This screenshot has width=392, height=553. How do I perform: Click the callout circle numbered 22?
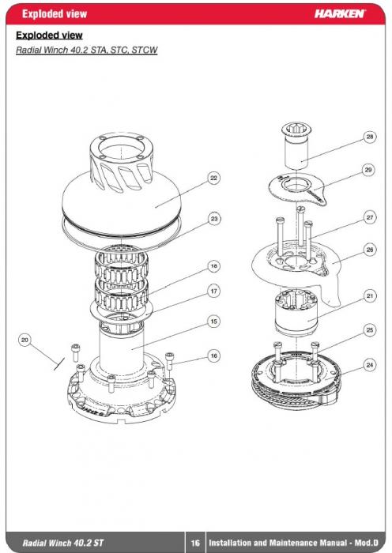(214, 178)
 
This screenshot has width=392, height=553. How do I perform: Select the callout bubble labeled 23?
(214, 219)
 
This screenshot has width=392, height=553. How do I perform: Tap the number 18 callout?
(214, 266)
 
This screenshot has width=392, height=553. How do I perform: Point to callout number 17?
(214, 292)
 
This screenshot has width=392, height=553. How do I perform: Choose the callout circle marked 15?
(214, 322)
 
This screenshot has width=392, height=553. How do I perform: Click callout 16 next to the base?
(214, 355)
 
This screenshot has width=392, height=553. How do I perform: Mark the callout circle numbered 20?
(24, 340)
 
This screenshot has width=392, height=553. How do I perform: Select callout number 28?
(369, 137)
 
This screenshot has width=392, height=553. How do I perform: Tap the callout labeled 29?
(368, 170)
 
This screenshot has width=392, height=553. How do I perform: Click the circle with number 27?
(369, 217)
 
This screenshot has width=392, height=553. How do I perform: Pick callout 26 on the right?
(369, 250)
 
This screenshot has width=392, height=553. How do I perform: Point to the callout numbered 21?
(369, 295)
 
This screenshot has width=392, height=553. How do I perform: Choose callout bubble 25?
(369, 330)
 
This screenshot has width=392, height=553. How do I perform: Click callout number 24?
(369, 365)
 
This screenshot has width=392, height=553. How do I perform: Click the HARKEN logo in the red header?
(340, 13)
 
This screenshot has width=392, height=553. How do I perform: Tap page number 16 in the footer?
(195, 543)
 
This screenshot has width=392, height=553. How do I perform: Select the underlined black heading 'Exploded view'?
(49, 36)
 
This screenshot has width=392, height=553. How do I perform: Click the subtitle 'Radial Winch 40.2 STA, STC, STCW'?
(86, 50)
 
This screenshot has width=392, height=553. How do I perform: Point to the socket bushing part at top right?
(296, 145)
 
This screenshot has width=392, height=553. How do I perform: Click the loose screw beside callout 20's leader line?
(76, 352)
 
